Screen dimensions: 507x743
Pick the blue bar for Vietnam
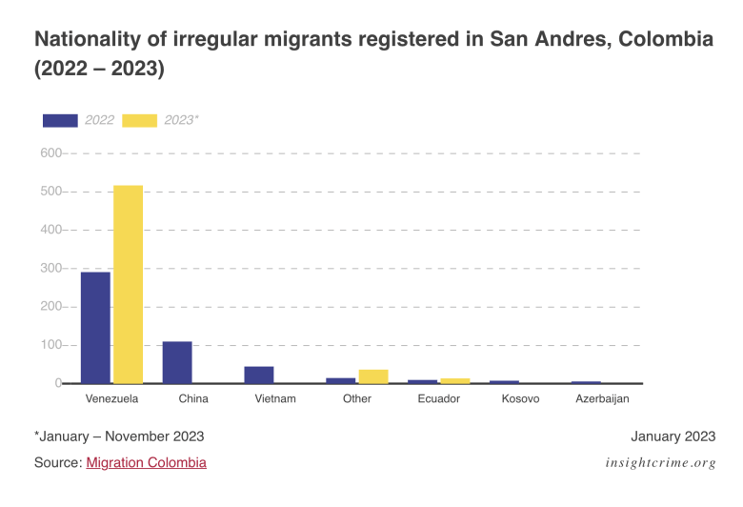coord(259,375)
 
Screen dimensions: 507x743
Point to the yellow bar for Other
coord(373,376)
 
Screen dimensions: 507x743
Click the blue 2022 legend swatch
coord(60,120)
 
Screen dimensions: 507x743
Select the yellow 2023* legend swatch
coord(140,120)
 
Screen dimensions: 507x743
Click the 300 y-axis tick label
coord(50,269)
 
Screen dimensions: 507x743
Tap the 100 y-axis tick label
coord(50,345)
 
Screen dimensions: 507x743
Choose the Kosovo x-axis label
coord(520,398)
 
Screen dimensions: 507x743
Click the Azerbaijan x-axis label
coord(602,398)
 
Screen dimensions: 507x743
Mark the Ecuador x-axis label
coord(438,398)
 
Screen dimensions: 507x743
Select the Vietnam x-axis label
coord(275,398)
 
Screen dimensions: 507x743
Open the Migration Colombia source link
coord(146,462)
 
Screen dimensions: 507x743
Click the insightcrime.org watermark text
coord(660,463)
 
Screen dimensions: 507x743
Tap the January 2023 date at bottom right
coord(673,436)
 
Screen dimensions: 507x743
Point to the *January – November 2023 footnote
coord(119,436)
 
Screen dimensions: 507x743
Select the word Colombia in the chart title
coord(666,40)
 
